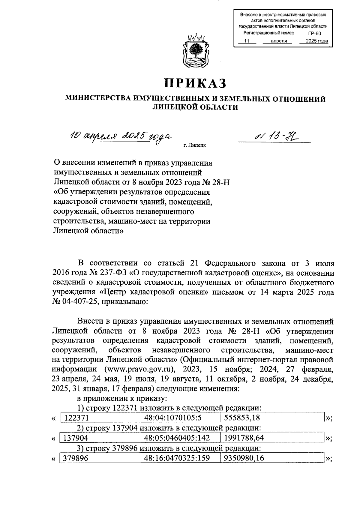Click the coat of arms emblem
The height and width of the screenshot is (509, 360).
pos(195,53)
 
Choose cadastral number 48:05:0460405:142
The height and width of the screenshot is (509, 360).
pos(177,438)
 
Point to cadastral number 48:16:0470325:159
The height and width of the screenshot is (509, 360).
pos(177,458)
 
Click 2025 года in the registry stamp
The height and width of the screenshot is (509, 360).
pos(314,41)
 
